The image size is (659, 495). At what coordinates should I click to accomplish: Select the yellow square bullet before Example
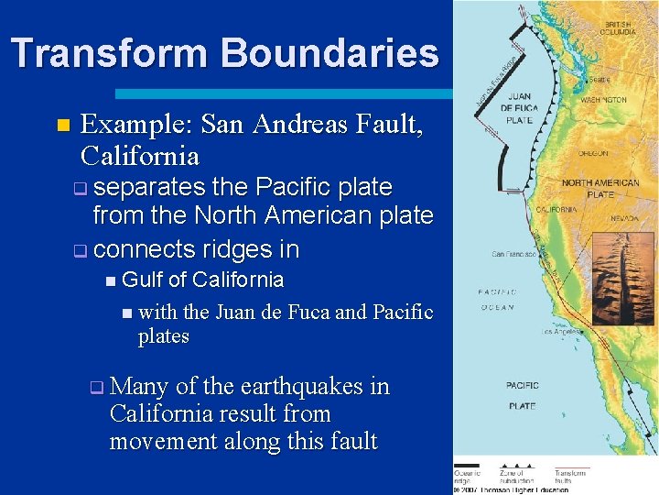pos(61,125)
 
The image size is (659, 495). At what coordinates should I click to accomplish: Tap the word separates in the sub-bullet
pos(150,187)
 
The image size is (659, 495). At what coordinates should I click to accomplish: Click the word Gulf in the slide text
pos(145,280)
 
